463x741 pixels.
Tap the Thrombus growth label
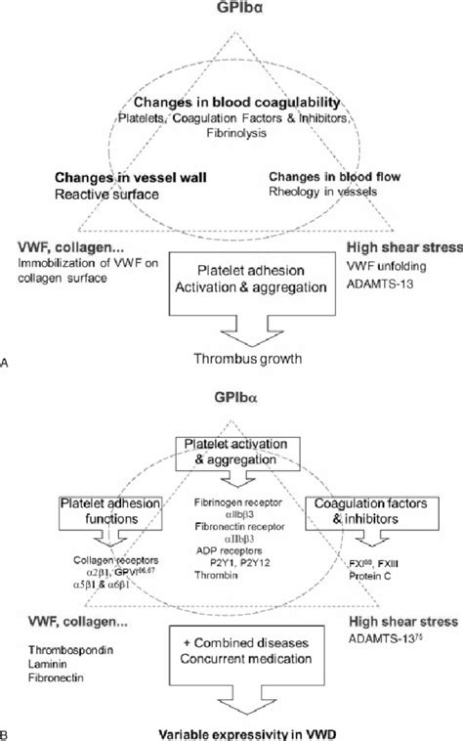point(231,358)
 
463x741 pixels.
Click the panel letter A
point(8,362)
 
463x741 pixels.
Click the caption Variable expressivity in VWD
point(231,732)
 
